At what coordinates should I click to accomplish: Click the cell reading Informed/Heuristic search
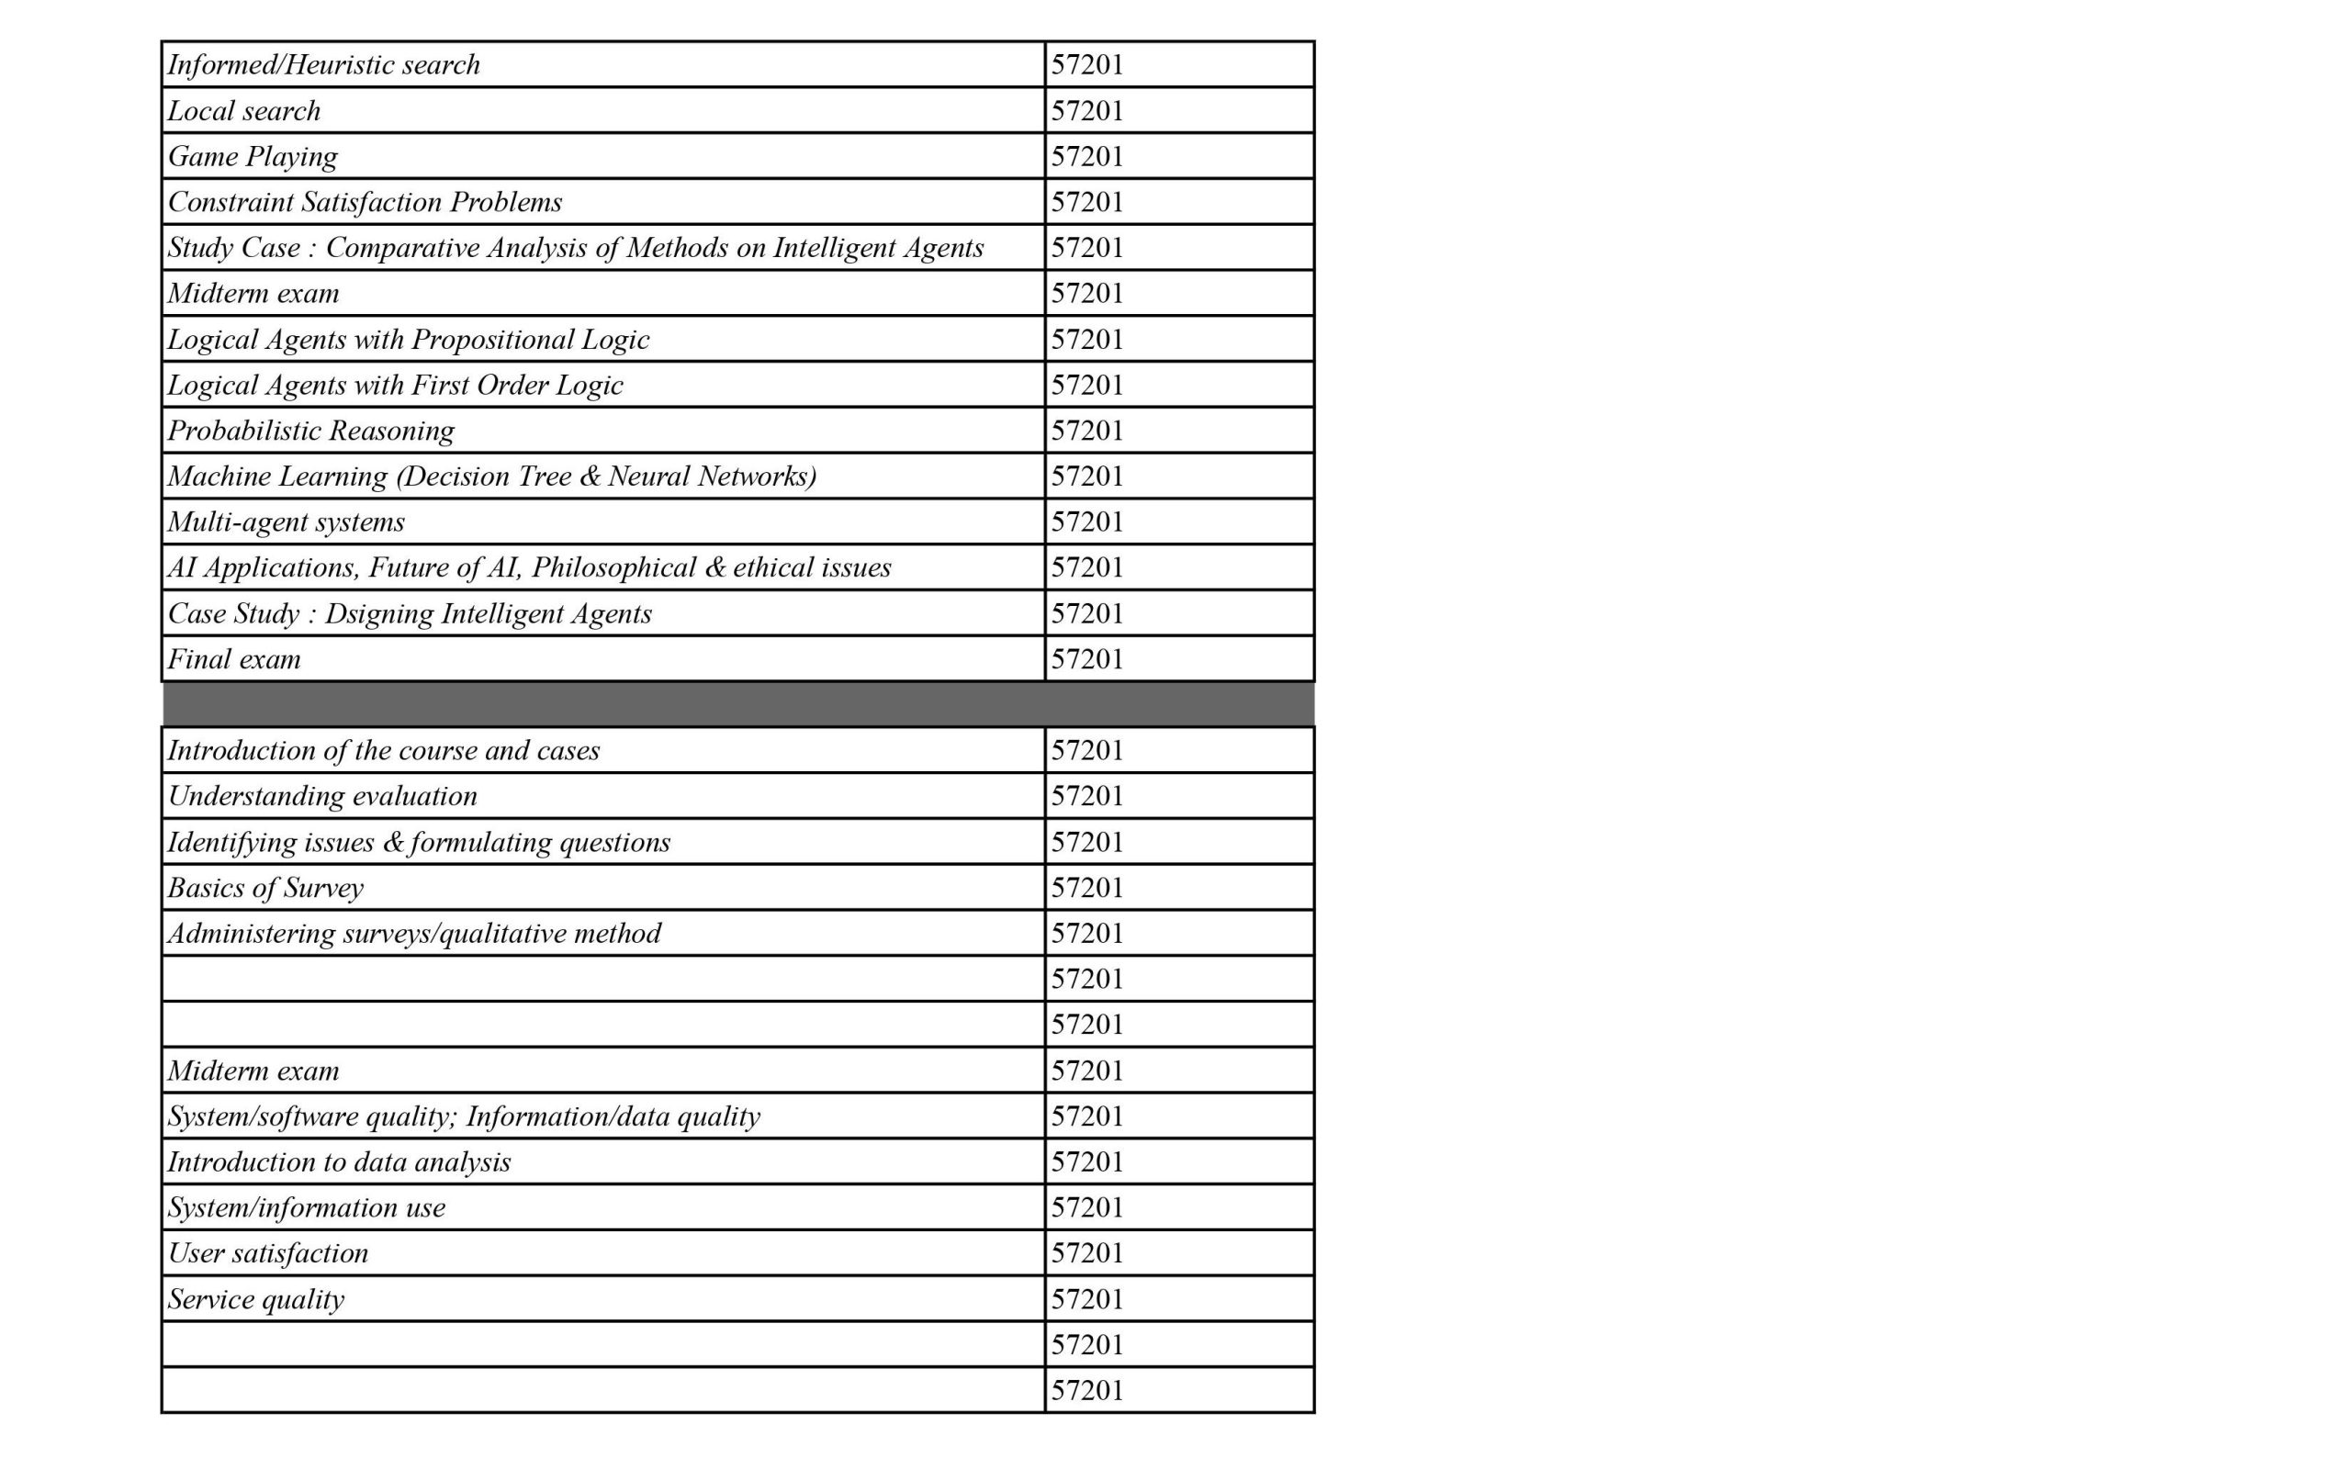click(x=323, y=65)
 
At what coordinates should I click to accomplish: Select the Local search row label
click(x=244, y=111)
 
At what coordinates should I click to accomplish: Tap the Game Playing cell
click(x=253, y=156)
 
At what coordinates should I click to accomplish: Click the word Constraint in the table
click(x=231, y=202)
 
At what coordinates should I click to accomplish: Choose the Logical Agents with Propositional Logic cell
click(x=408, y=339)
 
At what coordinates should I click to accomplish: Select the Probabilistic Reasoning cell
click(x=311, y=431)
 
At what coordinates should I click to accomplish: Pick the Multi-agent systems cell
click(x=286, y=521)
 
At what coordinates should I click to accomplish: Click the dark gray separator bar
click(x=738, y=704)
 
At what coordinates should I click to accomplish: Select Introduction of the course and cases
click(x=384, y=751)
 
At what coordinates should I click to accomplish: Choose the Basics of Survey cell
click(x=265, y=888)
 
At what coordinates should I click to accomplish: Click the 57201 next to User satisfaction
click(x=1087, y=1253)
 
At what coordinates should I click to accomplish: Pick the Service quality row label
click(x=255, y=1299)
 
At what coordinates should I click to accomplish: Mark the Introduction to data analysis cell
click(x=339, y=1162)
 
